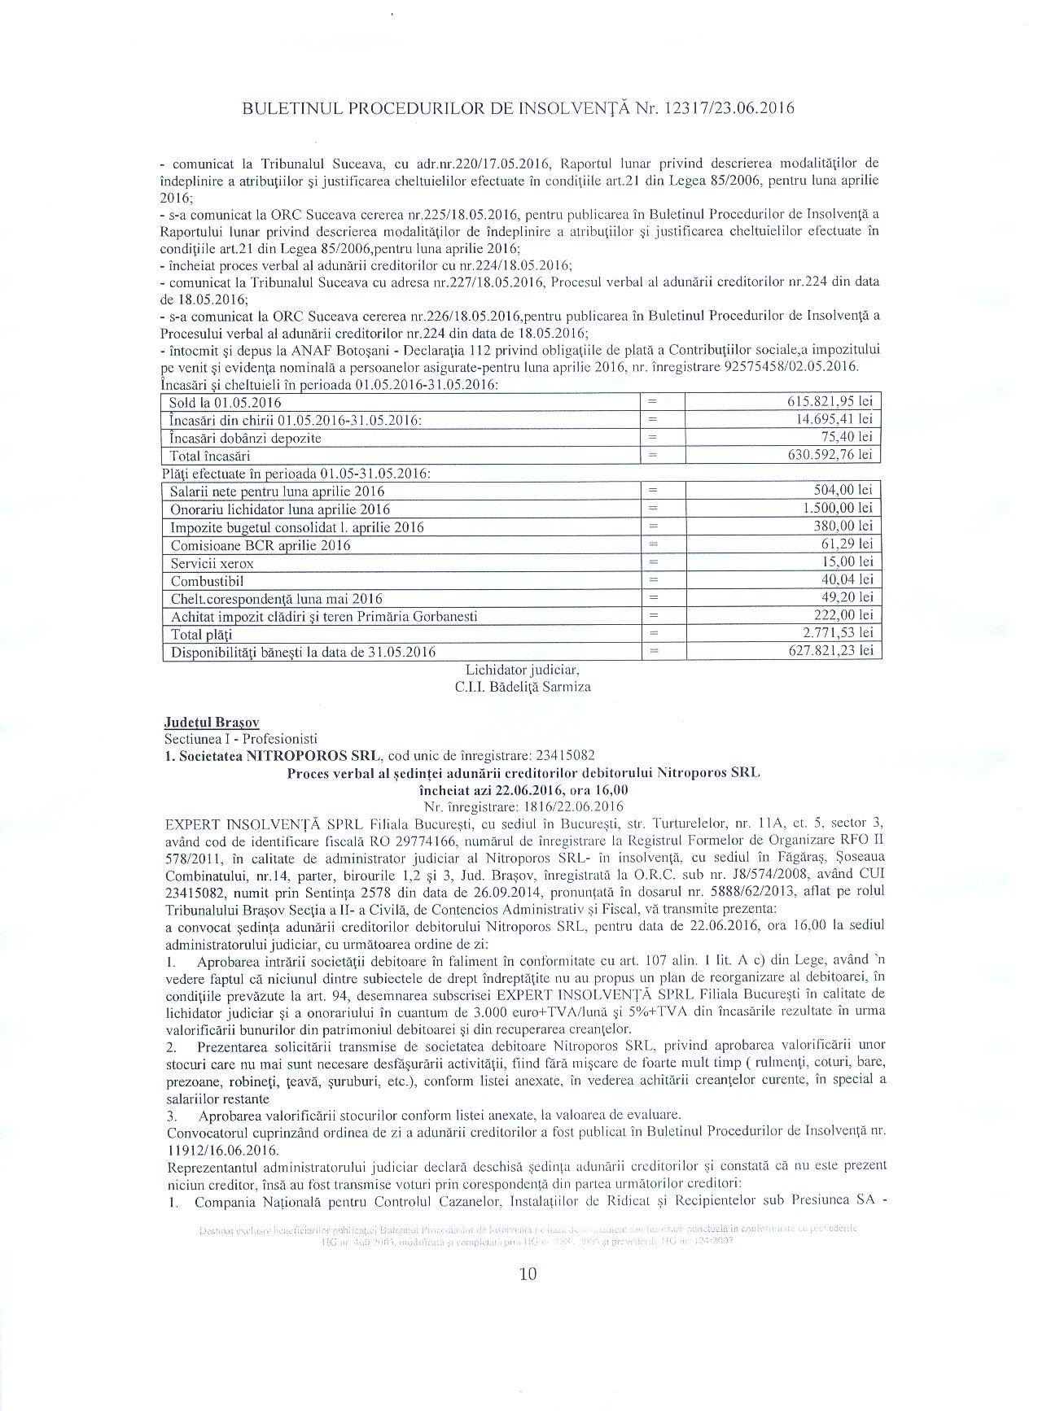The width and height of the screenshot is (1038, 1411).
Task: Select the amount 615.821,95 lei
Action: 826,402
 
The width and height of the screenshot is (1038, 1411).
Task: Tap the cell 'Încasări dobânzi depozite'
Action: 245,438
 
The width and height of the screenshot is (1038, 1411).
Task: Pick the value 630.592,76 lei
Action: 826,455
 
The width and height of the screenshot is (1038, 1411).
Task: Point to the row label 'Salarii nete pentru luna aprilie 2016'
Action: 278,491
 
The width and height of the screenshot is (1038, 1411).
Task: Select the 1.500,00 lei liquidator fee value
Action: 836,509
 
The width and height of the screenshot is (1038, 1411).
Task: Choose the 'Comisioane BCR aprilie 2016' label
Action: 261,545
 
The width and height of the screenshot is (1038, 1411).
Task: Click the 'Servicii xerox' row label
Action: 212,563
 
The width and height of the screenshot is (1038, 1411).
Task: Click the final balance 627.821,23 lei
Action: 826,651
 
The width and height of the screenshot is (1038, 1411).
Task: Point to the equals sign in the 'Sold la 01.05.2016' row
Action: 651,402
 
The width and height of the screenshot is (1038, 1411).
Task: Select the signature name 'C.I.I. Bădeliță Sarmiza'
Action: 523,687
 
